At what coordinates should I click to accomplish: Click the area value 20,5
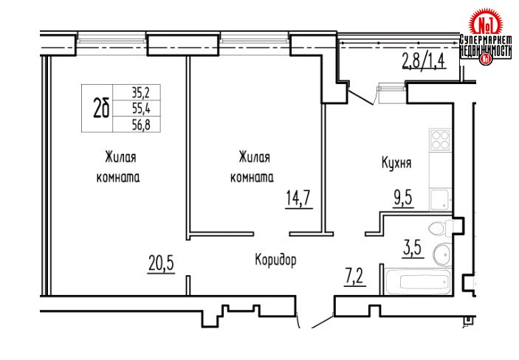(x=161, y=263)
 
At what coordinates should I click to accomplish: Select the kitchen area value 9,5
(x=404, y=198)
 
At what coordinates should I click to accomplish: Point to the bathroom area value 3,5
(x=413, y=248)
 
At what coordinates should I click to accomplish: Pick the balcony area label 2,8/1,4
(x=425, y=60)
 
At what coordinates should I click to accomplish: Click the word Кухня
(x=396, y=163)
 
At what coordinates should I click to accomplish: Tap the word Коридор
(x=275, y=260)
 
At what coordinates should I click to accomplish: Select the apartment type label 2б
(x=101, y=108)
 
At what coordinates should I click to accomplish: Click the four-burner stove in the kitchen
(x=439, y=139)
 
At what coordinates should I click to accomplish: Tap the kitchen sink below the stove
(x=440, y=199)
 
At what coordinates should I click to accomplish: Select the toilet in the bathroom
(x=440, y=228)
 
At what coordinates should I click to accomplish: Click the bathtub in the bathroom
(x=418, y=282)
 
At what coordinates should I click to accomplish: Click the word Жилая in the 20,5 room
(x=120, y=157)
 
